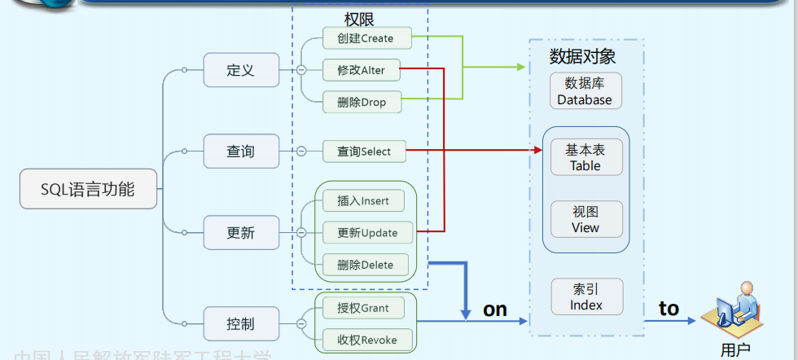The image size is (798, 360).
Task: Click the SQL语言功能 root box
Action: click(88, 191)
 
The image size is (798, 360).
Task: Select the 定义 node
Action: click(241, 70)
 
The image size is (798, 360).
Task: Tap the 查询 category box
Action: click(241, 151)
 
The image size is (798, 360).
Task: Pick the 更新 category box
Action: click(241, 233)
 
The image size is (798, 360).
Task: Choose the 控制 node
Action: click(241, 323)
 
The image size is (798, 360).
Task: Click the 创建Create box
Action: click(364, 38)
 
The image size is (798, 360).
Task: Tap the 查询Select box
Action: click(364, 151)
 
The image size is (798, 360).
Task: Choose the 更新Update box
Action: click(367, 233)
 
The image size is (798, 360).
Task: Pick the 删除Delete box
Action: click(365, 265)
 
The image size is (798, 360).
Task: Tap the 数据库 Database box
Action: click(585, 91)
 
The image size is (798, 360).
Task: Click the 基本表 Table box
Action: click(585, 157)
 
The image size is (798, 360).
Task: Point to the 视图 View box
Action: click(585, 219)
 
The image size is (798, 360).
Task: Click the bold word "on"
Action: click(495, 310)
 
